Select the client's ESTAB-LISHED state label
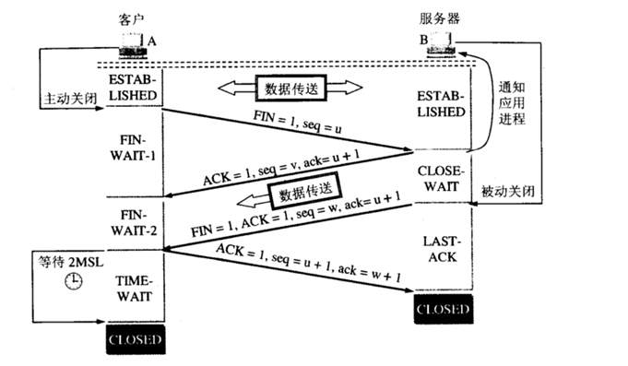[x=135, y=86]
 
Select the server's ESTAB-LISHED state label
[x=442, y=103]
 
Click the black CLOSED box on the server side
[x=442, y=309]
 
